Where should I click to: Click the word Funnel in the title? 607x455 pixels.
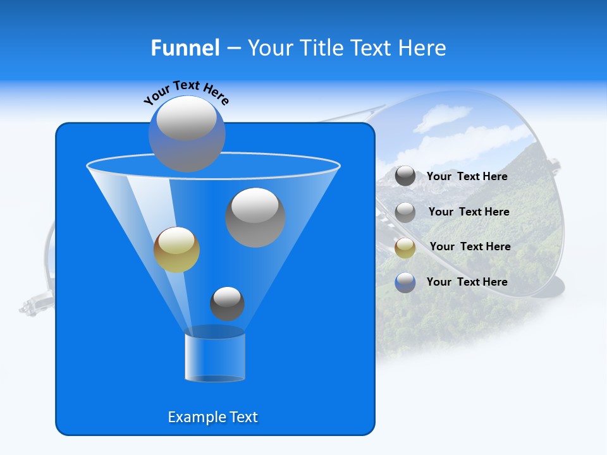coord(185,48)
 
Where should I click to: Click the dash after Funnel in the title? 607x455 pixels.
coord(233,48)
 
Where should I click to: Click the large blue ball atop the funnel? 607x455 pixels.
coord(187,134)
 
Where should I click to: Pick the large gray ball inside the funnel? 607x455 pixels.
coord(255,217)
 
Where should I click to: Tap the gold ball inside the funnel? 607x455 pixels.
coord(176,250)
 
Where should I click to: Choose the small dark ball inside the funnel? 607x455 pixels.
coord(227,303)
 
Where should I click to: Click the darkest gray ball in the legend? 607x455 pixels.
coord(405,176)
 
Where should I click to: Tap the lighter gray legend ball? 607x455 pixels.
coord(405,212)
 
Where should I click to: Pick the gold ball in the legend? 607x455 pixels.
coord(405,247)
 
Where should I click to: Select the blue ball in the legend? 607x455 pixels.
coord(405,282)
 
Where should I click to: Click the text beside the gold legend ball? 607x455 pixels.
coord(470,246)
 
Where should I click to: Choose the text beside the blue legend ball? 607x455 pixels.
coord(467,282)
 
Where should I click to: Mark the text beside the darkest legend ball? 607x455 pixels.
coord(467,176)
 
